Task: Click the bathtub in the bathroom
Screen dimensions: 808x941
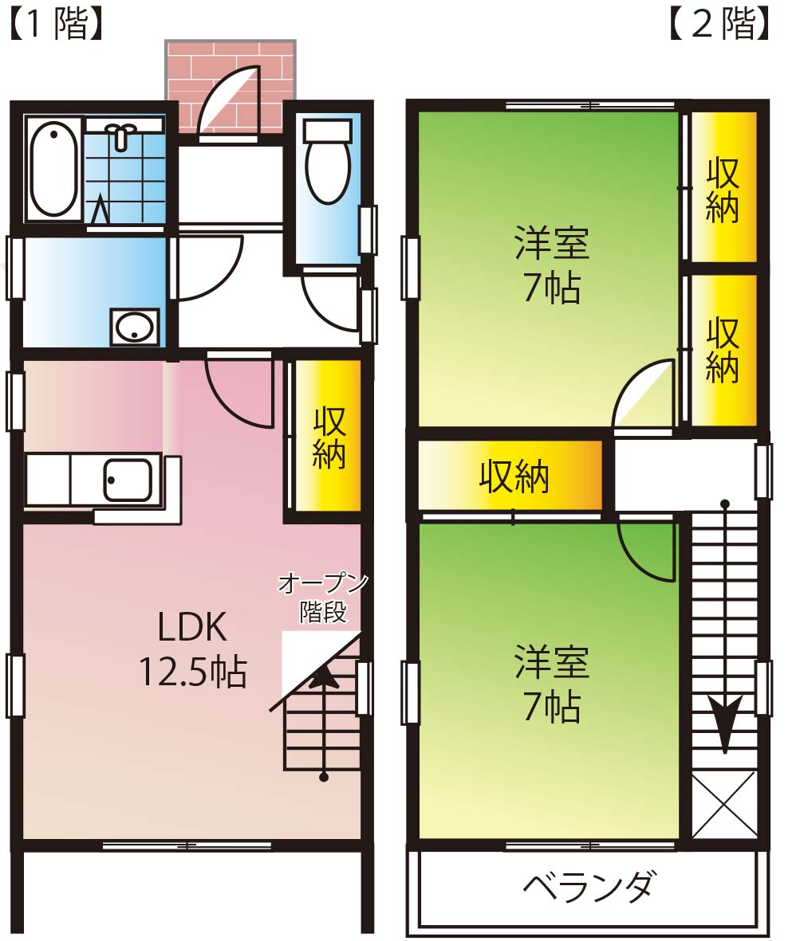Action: (53, 169)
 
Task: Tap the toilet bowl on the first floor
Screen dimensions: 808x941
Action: (327, 162)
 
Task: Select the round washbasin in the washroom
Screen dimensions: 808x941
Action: (135, 327)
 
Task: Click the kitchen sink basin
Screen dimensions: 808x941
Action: (128, 480)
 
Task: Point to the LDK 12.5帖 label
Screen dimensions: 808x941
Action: (193, 649)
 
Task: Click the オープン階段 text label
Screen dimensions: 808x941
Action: (323, 598)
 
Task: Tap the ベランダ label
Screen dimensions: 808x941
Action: (588, 886)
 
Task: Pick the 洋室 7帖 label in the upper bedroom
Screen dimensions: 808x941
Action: (552, 265)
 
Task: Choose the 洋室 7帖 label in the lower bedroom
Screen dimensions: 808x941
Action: (552, 684)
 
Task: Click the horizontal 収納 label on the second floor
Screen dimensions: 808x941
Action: (514, 477)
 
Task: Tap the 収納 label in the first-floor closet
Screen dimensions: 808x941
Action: (329, 437)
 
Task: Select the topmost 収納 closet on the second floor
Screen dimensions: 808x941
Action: (723, 187)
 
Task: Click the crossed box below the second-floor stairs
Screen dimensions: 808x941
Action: (724, 805)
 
